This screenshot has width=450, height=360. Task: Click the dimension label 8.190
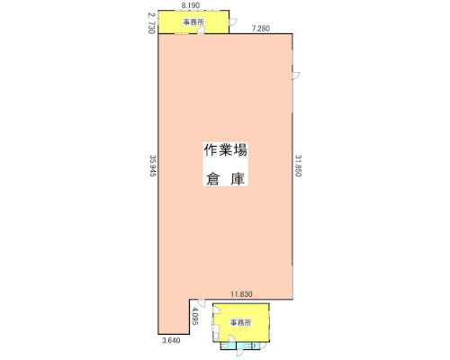[x=191, y=5]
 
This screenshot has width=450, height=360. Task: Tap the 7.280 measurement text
[x=261, y=29]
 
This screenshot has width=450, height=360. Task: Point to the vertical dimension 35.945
[x=153, y=166]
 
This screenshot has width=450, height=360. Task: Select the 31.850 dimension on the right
[x=298, y=166]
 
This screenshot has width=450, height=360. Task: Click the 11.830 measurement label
[x=241, y=294]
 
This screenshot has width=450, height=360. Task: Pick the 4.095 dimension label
[x=195, y=316]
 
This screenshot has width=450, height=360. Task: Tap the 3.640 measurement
[x=171, y=340]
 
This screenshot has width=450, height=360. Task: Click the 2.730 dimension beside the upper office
[x=151, y=22]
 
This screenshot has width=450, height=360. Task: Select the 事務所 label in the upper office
[x=193, y=22]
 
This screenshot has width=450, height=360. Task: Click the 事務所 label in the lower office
[x=240, y=323]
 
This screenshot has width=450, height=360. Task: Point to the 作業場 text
[x=225, y=150]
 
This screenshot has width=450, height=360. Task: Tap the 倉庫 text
[x=225, y=179]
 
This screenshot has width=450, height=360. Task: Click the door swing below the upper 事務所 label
[x=201, y=31]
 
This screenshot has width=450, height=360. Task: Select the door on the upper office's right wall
[x=233, y=22]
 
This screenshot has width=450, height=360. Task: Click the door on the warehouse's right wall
[x=296, y=76]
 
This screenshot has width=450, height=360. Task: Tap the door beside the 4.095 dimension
[x=201, y=303]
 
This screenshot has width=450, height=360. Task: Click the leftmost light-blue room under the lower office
[x=229, y=346]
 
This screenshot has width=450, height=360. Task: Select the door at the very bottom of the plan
[x=240, y=353]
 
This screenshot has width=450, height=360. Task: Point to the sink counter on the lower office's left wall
[x=216, y=336]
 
